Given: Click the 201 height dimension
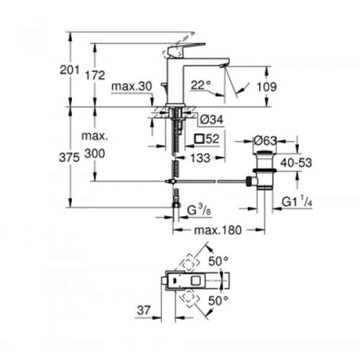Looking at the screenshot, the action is pyautogui.click(x=70, y=70).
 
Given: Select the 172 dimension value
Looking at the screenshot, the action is pyautogui.click(x=95, y=75).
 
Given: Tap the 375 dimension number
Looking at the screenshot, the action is pyautogui.click(x=69, y=157).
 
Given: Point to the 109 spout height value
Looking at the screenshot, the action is pyautogui.click(x=266, y=87).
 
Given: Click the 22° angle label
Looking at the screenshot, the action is pyautogui.click(x=200, y=85).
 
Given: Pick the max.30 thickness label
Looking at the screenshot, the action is pyautogui.click(x=131, y=86).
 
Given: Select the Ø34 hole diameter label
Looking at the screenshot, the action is pyautogui.click(x=212, y=119).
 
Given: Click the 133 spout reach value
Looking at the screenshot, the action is pyautogui.click(x=200, y=158).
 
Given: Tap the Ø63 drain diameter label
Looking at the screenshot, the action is pyautogui.click(x=265, y=140).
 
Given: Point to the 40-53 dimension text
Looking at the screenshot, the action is pyautogui.click(x=296, y=163).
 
